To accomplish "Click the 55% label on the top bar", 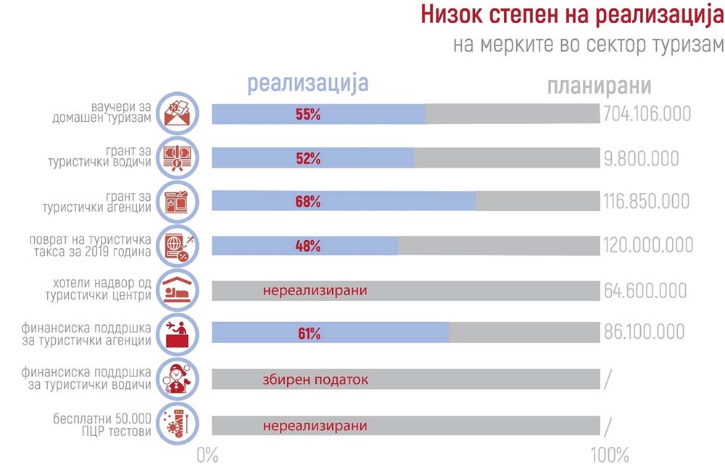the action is coord(308,115).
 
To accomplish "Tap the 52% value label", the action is coord(308,159).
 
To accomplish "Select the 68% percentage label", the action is coord(308,202).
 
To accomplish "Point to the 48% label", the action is coord(308,246).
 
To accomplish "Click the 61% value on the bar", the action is coord(309,333).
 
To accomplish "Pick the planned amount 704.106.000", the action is coord(647,114).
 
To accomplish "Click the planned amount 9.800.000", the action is coord(642,159).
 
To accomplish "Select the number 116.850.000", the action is coord(646,202).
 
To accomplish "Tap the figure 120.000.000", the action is coord(647,245).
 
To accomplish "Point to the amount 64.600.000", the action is coord(645,291).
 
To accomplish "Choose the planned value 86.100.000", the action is coord(644,332).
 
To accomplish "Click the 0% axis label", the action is coord(207,456).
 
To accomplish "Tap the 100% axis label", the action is coord(610,456).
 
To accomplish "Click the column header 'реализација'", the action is coord(308,83).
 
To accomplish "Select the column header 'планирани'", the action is coord(600,86).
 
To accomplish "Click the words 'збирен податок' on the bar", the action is coord(315,380).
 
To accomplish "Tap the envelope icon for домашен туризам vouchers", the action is coord(178,113).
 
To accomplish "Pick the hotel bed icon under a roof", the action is coord(178,291).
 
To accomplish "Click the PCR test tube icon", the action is coord(178,424).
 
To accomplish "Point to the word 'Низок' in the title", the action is coord(452,15).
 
